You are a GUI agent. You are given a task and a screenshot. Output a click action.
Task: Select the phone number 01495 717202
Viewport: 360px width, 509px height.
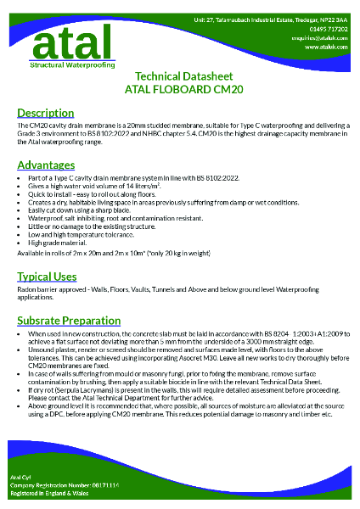click(x=322, y=29)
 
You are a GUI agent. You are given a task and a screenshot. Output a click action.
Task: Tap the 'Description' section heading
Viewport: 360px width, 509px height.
click(x=45, y=113)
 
